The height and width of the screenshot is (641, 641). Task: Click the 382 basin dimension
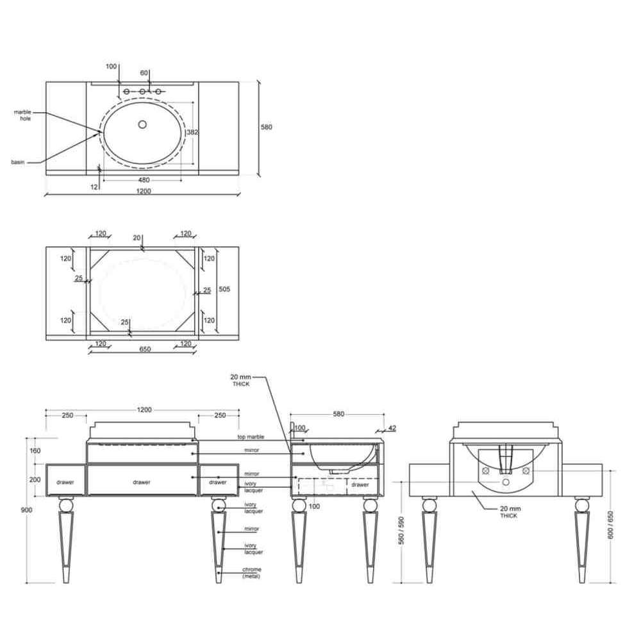pos(192,132)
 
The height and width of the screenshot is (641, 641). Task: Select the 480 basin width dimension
pos(144,180)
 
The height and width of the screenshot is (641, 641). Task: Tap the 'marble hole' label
pos(23,115)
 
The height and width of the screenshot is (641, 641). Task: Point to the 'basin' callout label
pos(19,162)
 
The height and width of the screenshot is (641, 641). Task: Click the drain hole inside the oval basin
pos(142,124)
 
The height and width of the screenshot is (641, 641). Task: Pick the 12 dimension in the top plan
pos(95,187)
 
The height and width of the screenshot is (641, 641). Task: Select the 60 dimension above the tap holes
pos(144,72)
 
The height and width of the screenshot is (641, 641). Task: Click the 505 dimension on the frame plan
pos(224,289)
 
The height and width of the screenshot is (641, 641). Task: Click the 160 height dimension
pos(35,451)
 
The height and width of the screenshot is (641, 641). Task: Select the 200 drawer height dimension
pos(35,479)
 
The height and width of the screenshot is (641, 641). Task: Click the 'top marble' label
pos(251,437)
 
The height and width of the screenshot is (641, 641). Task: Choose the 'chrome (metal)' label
pos(252,572)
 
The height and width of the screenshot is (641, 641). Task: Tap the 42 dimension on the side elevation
pos(392,428)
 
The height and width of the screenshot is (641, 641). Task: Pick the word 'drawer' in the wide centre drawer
pos(142,482)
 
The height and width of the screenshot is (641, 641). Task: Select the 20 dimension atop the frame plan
pos(137,238)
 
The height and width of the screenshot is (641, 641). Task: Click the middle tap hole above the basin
pos(142,92)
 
